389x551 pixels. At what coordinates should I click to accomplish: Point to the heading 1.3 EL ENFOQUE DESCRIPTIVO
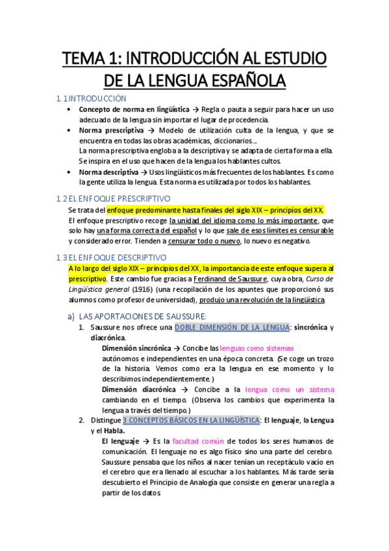(112, 257)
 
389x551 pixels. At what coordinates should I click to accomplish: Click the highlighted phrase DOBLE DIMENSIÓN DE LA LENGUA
(231, 327)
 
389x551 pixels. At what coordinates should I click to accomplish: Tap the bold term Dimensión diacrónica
(138, 389)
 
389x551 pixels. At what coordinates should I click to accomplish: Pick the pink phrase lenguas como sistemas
(257, 348)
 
